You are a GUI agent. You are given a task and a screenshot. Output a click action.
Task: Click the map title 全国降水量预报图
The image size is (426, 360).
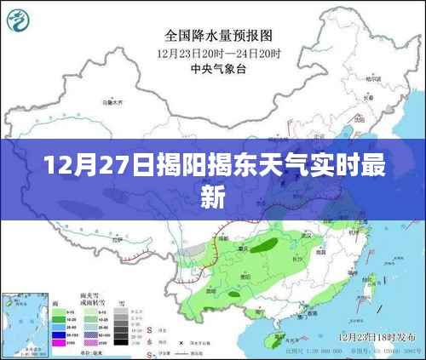coord(218,36)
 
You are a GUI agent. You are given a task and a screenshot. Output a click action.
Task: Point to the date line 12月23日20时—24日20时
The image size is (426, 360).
coord(218,54)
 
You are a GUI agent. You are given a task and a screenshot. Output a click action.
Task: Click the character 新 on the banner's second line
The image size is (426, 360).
coord(213,197)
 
